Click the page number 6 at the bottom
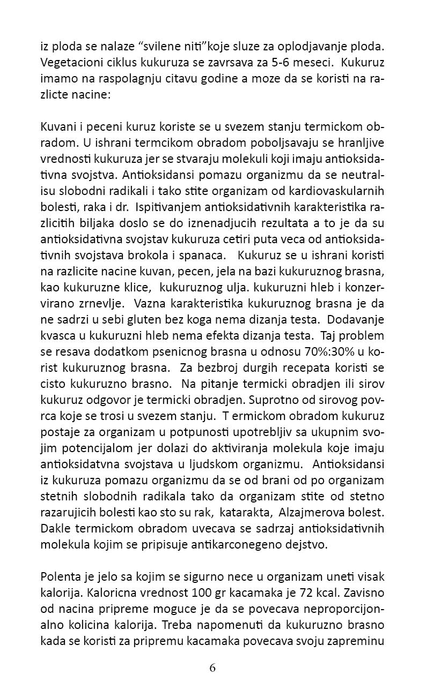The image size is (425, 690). (213, 667)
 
